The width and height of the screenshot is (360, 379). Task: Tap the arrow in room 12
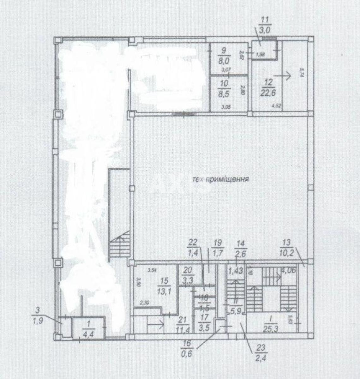tap(283, 76)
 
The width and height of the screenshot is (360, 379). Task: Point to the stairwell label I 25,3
tap(268, 326)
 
